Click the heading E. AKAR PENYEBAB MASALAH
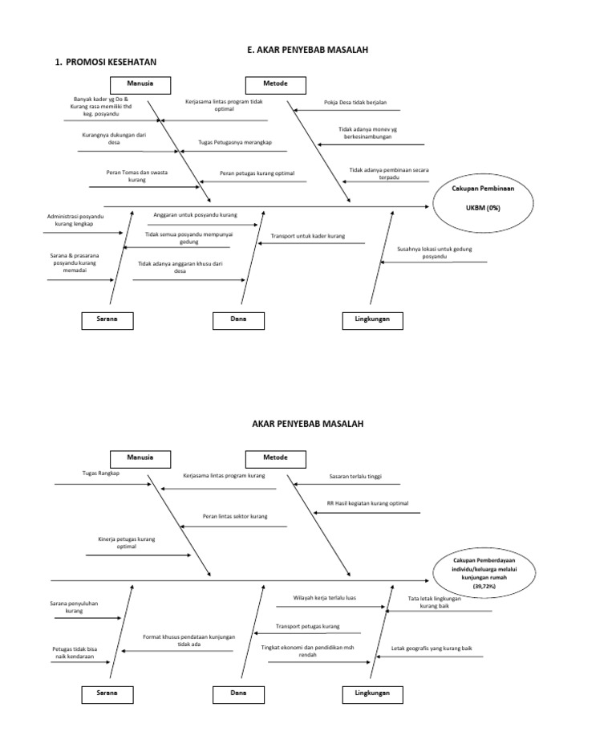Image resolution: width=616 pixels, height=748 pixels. click(307, 50)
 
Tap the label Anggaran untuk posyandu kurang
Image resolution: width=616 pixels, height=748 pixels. click(195, 215)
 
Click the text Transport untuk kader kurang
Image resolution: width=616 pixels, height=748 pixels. click(308, 236)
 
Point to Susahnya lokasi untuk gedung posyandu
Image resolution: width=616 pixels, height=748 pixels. click(434, 253)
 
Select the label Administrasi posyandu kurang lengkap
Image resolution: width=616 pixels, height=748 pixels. click(75, 220)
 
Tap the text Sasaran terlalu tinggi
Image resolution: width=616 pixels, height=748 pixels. click(355, 476)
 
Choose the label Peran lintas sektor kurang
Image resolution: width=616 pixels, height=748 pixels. click(235, 516)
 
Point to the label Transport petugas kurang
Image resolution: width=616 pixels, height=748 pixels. click(308, 626)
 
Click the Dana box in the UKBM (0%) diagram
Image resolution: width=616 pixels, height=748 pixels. click(238, 319)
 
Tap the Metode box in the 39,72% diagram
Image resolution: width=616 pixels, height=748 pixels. click(275, 457)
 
